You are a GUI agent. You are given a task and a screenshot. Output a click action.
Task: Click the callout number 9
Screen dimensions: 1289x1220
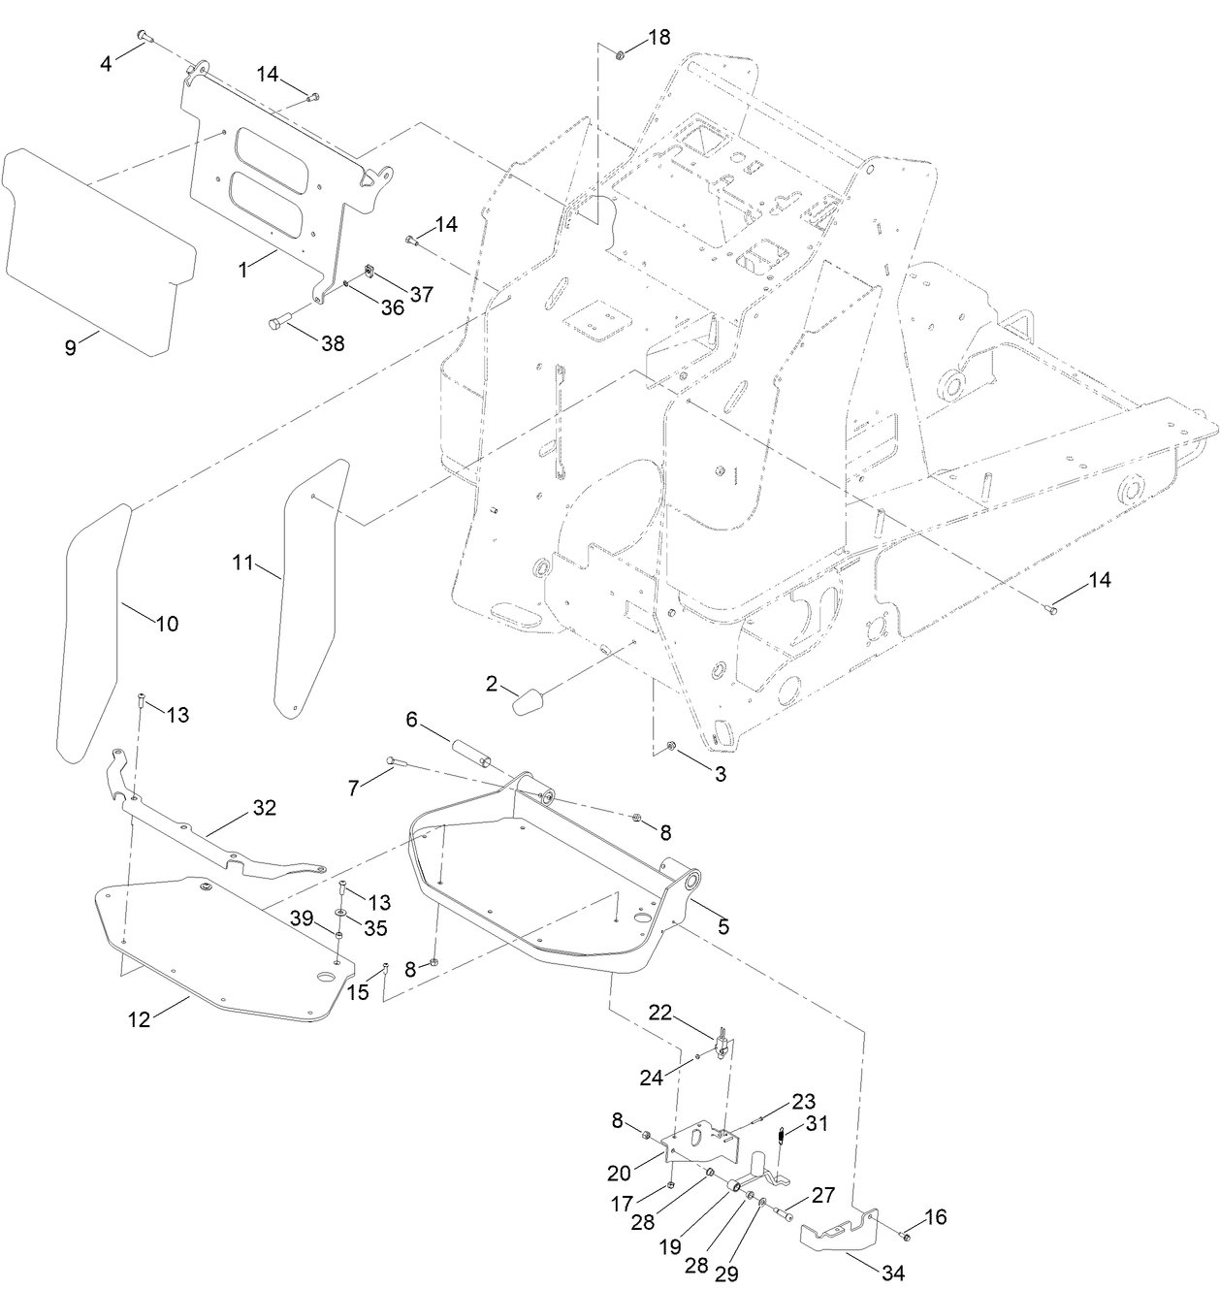point(71,347)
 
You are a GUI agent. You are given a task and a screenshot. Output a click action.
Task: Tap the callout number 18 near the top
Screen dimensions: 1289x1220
point(658,38)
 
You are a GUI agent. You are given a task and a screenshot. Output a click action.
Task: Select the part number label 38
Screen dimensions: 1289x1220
point(332,342)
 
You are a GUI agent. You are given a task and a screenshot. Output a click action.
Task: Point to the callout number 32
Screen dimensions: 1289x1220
point(264,807)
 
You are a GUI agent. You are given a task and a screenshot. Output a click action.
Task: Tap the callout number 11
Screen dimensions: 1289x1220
point(242,562)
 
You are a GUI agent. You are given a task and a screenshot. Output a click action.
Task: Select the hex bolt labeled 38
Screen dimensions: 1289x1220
point(278,324)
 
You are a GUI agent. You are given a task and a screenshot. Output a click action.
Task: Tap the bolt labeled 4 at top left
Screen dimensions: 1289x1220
point(143,36)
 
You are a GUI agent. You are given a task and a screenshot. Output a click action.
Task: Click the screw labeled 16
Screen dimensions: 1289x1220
point(903,1235)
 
